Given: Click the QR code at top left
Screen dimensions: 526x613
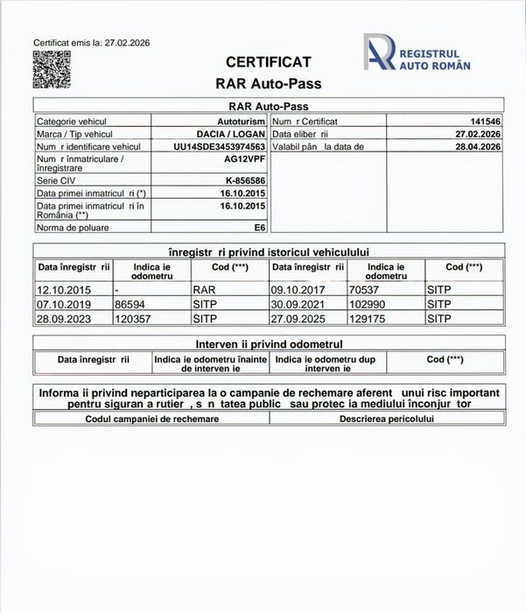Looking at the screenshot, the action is pyautogui.click(x=51, y=69).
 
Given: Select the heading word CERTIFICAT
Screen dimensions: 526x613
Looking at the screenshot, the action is pyautogui.click(x=268, y=62).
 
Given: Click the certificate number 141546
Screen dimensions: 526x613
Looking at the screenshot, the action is pyautogui.click(x=485, y=122).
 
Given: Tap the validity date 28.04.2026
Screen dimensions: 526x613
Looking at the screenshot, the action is pyautogui.click(x=478, y=146).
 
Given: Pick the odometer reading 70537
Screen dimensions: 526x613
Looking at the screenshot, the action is pyautogui.click(x=365, y=286).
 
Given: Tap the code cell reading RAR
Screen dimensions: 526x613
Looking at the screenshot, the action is pyautogui.click(x=203, y=286).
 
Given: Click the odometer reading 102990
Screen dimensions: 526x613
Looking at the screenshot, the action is pyautogui.click(x=368, y=303).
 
